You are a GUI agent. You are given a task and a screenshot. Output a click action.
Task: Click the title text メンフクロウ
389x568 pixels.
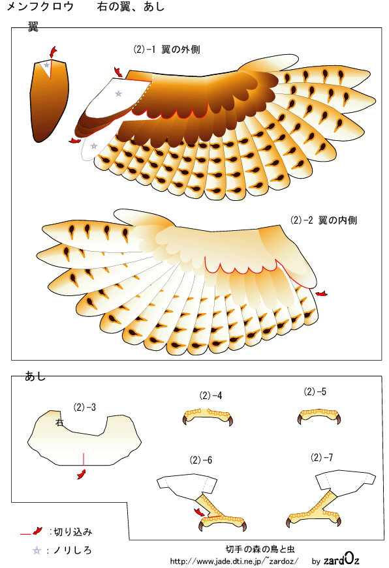[x=40, y=6]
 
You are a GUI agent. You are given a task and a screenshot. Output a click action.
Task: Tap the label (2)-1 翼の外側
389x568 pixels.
[x=167, y=50]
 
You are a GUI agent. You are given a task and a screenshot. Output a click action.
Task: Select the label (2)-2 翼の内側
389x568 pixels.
[x=324, y=220]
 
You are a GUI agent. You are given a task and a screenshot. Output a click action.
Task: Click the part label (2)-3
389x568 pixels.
[x=85, y=407]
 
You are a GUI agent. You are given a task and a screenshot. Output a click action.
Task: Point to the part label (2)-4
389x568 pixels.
[x=211, y=396]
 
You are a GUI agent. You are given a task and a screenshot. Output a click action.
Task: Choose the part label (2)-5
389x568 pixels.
[x=315, y=391]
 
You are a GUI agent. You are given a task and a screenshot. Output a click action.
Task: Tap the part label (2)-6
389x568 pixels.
[x=201, y=460]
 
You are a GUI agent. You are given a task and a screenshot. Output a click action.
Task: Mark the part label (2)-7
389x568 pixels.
[x=322, y=458]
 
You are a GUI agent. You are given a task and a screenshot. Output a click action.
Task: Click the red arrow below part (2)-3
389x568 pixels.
[x=82, y=474]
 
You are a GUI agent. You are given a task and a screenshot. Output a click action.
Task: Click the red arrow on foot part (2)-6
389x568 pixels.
[x=199, y=512]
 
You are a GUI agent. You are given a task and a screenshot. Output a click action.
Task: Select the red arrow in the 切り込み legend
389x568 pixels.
[x=37, y=531]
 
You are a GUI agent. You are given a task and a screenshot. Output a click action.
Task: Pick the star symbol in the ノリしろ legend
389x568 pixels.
[x=37, y=550]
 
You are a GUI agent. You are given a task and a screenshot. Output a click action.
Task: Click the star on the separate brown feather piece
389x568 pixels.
[x=46, y=65]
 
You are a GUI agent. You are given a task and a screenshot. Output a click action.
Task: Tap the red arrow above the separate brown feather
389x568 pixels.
[x=54, y=52]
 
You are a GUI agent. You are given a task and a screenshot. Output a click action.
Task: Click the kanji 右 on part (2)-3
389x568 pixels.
[x=60, y=422]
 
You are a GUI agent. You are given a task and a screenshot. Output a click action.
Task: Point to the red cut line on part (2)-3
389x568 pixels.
[x=84, y=458]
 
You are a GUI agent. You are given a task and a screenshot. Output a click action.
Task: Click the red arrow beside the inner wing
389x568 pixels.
[x=321, y=293]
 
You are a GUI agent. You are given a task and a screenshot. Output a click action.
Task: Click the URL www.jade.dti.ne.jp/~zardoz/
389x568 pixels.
[x=234, y=561]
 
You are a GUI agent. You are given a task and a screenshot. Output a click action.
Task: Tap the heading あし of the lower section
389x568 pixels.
[x=35, y=377]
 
